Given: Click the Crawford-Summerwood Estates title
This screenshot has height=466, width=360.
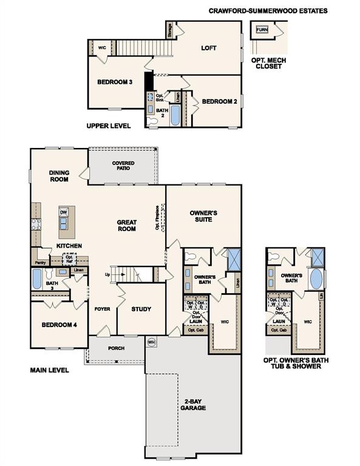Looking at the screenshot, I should coord(268,10).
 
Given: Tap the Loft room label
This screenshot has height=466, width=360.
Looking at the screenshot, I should coord(209,48).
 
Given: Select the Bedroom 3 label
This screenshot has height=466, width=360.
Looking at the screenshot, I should coord(115,82).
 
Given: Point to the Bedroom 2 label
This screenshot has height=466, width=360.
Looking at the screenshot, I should coord(219,101).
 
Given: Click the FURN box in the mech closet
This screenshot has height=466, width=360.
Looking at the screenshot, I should coord(262,30).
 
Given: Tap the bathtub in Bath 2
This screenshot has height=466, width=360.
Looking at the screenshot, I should coord(175,115).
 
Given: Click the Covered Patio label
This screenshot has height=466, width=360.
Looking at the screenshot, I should coord(123,167).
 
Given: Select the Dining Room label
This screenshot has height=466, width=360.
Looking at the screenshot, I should coord(59,176).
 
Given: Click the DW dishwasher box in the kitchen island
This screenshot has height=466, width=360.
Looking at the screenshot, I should coord(64,212).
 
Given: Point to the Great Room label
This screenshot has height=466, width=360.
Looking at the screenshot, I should coord(127,226).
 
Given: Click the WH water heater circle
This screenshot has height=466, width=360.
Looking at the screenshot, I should coord(151,343).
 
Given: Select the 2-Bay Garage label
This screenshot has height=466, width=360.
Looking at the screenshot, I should coord(192,404).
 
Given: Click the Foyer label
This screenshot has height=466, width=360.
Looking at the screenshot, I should coord(103,309).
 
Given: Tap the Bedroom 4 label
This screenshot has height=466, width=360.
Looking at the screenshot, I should coord(59,325).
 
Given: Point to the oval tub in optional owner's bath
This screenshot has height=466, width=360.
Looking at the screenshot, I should coord(316,280).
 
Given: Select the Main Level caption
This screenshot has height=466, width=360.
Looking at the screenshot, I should coord(50,370).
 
